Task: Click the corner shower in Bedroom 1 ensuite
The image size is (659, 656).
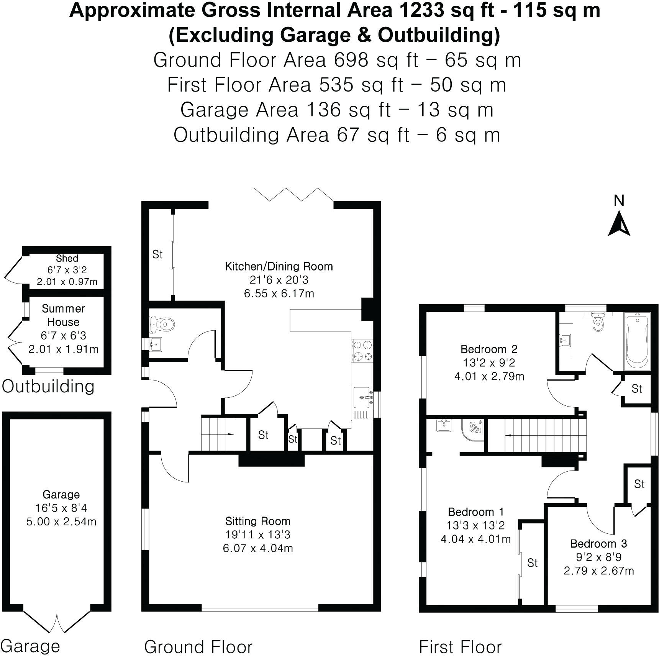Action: coord(474,430)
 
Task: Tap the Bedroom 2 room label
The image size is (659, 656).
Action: coord(489,349)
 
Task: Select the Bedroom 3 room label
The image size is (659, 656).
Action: coord(598,543)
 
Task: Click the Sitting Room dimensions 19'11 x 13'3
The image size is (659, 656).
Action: coord(257,535)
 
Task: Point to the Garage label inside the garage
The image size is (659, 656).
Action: coord(61,494)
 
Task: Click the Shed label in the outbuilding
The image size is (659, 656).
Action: coord(67,258)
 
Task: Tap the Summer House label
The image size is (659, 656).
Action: coord(63,315)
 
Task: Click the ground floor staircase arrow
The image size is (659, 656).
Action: coord(230,434)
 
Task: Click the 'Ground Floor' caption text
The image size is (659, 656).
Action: coord(198,647)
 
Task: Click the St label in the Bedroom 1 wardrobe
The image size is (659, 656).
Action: coord(532,563)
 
